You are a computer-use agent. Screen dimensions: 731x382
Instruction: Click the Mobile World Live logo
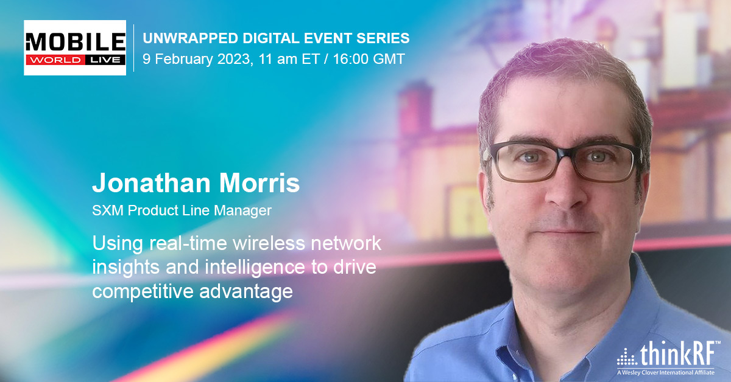pyautogui.click(x=75, y=47)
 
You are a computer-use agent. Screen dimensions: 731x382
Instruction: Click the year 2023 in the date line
pyautogui.click(x=235, y=59)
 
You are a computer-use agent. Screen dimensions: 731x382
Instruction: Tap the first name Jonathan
pyautogui.click(x=152, y=183)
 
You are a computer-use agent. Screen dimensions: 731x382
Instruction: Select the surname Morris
pyautogui.click(x=260, y=183)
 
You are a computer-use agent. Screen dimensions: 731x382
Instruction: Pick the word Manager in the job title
pyautogui.click(x=242, y=211)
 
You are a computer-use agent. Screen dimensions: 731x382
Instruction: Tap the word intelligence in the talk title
pyautogui.click(x=255, y=268)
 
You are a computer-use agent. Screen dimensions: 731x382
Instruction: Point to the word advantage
pyautogui.click(x=246, y=292)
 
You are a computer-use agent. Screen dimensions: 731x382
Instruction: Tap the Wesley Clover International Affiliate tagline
pyautogui.click(x=666, y=372)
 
